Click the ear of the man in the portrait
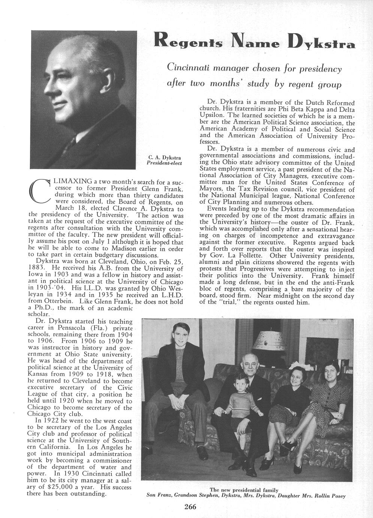coord(109,75)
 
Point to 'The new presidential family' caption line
coord(244,490)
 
